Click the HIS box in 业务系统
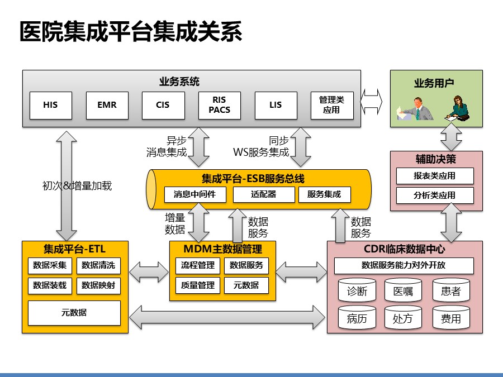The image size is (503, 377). click(x=50, y=105)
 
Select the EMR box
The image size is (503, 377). click(x=107, y=105)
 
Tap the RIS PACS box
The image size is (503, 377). click(x=219, y=105)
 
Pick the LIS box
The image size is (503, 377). click(x=276, y=105)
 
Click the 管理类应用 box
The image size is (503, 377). click(x=332, y=105)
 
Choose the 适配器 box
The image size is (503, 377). click(x=263, y=194)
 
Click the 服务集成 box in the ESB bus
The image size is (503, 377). click(x=324, y=194)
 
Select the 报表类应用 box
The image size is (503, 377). click(x=435, y=176)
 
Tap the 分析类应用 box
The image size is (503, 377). click(x=435, y=195)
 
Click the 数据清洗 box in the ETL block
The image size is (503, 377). click(x=98, y=265)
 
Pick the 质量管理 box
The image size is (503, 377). click(x=198, y=285)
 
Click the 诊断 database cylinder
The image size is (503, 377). click(x=357, y=290)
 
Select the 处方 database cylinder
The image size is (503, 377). click(x=403, y=318)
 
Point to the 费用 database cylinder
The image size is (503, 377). click(x=451, y=318)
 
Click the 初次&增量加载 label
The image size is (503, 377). click(x=77, y=186)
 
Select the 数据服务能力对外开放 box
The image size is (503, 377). click(x=404, y=265)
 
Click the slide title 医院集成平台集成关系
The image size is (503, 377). click(x=131, y=32)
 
